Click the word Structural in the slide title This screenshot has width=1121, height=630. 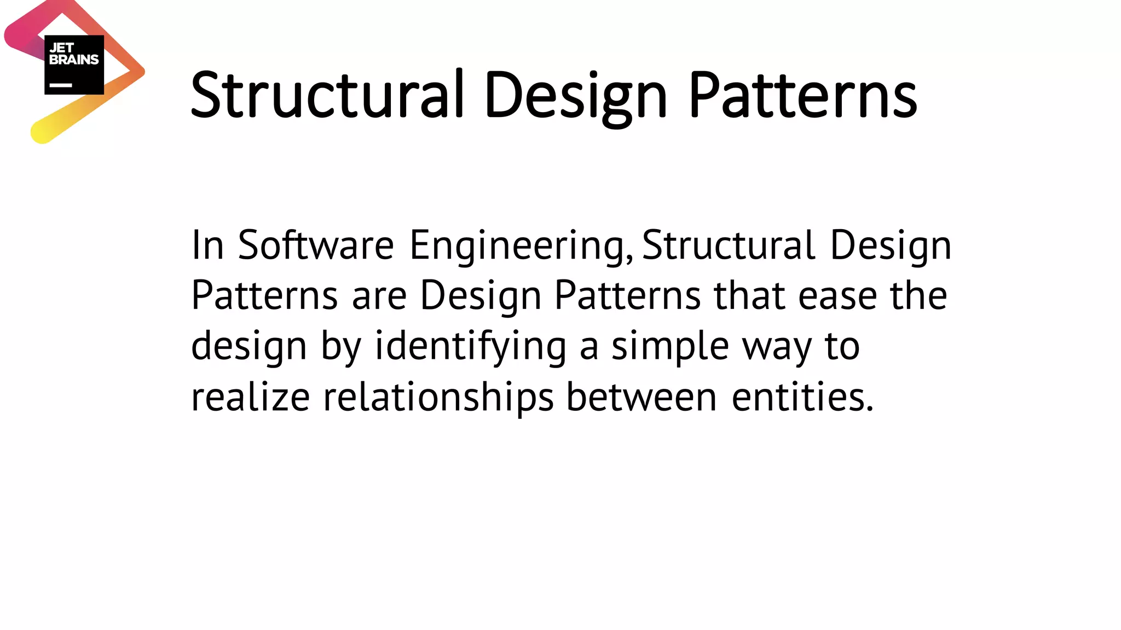pos(327,96)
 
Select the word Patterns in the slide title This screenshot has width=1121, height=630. pos(802,96)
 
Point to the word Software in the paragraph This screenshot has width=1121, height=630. pos(315,245)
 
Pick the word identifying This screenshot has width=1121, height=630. pos(471,347)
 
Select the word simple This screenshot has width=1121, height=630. pos(670,347)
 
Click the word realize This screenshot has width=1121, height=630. pos(250,397)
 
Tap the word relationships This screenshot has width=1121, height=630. pos(438,398)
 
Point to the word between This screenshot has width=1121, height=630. pos(641,397)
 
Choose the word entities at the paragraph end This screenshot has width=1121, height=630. pos(802,397)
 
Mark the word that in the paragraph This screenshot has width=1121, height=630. pos(749,296)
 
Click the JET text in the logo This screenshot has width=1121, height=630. pos(61,48)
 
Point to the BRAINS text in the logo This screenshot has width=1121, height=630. pos(74,60)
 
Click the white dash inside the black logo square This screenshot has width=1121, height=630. pos(61,85)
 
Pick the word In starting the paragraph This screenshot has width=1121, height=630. pos(207,245)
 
